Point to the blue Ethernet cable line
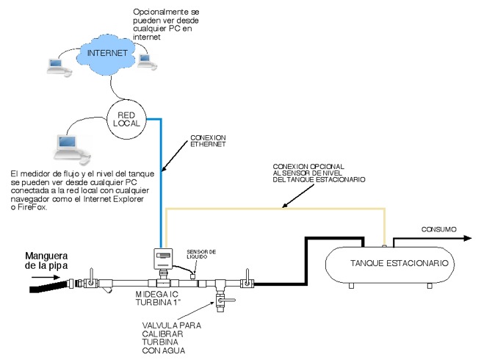(x=160, y=184)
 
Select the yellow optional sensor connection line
(x=279, y=209)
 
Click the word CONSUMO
(x=438, y=229)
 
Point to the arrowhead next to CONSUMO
(x=467, y=238)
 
